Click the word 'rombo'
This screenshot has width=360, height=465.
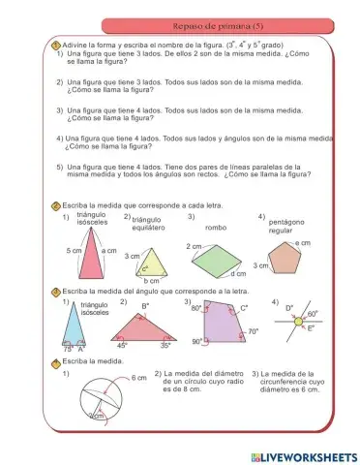click(215, 228)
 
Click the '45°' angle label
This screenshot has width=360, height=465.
click(122, 345)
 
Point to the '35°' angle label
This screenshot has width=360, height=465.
click(165, 345)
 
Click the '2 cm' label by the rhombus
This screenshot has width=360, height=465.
click(194, 246)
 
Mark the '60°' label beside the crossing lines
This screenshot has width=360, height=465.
click(313, 315)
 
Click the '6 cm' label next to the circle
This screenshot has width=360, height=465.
click(138, 379)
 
